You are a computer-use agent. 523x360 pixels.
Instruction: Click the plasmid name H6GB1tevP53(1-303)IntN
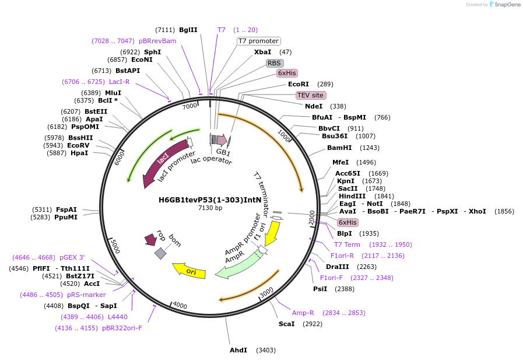pyautogui.click(x=210, y=200)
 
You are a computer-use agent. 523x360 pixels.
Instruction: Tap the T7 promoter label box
pyautogui.click(x=258, y=41)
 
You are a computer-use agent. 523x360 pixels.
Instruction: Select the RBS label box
pyautogui.click(x=275, y=62)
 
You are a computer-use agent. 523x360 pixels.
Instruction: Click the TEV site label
pyautogui.click(x=311, y=95)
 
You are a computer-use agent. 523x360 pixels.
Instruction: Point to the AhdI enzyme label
pyautogui.click(x=238, y=350)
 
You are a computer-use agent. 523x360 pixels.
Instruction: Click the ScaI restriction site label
pyautogui.click(x=286, y=324)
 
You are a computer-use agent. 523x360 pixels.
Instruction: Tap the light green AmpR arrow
pyautogui.click(x=236, y=265)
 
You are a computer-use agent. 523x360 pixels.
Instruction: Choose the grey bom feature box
pyautogui.click(x=160, y=253)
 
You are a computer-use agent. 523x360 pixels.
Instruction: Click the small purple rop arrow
pyautogui.click(x=150, y=239)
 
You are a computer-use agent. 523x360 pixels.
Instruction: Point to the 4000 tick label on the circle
pyautogui.click(x=180, y=306)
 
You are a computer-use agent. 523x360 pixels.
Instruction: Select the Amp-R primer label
pyautogui.click(x=303, y=313)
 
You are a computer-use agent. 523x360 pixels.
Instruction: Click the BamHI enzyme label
pyautogui.click(x=339, y=148)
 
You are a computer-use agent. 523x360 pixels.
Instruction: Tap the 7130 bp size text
pyautogui.click(x=210, y=208)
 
